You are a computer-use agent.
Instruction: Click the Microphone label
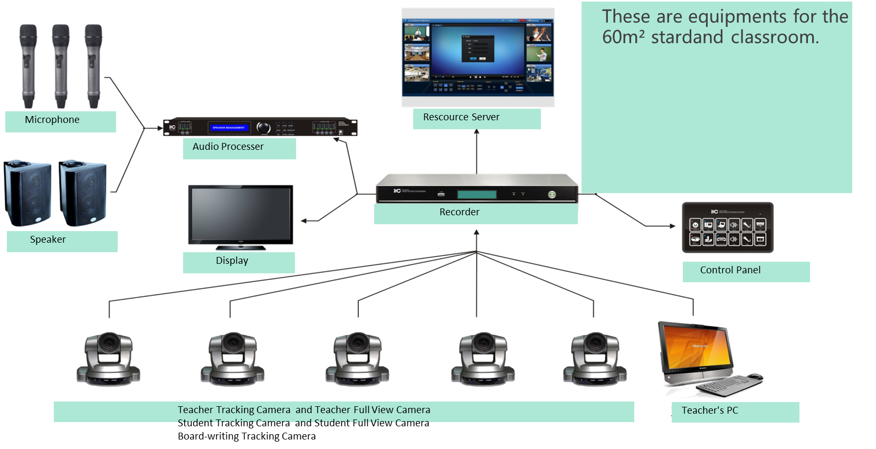click(52, 120)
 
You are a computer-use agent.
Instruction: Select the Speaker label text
click(48, 240)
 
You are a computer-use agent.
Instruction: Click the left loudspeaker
click(27, 193)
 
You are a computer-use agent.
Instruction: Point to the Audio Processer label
click(228, 147)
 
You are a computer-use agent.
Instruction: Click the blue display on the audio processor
click(228, 128)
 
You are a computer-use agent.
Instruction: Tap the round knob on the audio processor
click(263, 128)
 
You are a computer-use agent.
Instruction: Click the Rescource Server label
click(461, 117)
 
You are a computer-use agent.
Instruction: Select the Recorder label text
click(460, 212)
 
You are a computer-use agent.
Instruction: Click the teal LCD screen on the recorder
click(477, 195)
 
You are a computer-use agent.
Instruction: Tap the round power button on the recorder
click(552, 195)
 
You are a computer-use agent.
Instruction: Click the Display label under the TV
click(232, 261)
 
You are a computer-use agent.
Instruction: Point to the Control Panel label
click(730, 270)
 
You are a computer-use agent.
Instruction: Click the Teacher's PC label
click(710, 410)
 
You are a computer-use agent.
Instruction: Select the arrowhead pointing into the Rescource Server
click(477, 132)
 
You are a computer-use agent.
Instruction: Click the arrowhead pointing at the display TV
click(304, 221)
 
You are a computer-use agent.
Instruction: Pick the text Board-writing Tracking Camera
click(247, 436)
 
